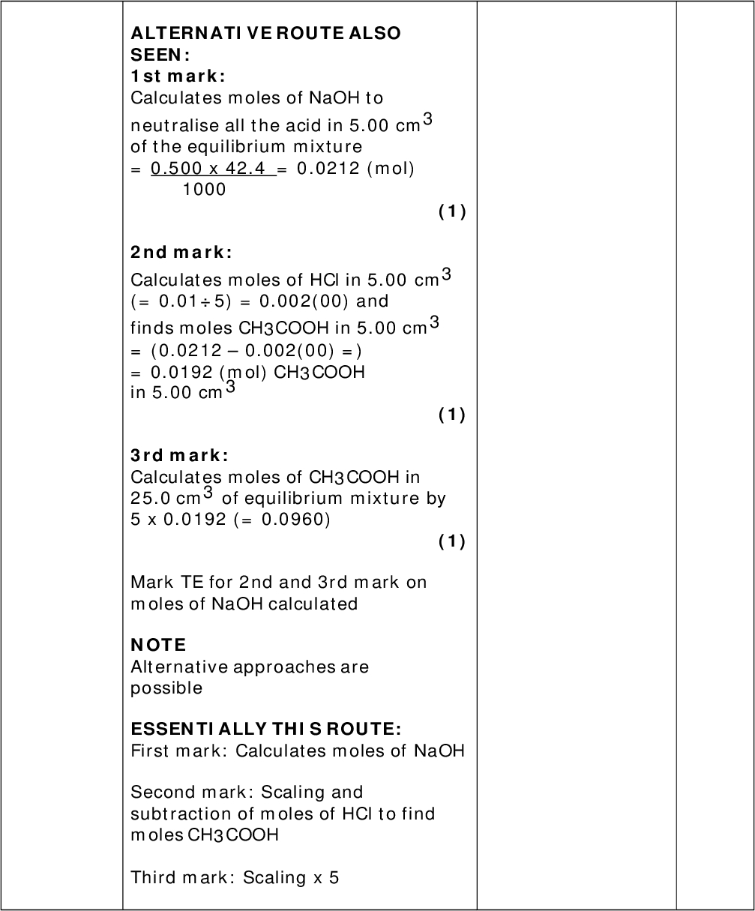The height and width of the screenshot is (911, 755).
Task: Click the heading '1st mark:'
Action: tap(178, 76)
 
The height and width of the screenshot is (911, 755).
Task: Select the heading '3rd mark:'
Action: tap(179, 455)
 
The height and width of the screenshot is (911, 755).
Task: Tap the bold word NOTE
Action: tap(158, 645)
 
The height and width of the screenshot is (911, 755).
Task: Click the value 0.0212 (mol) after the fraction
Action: tap(355, 169)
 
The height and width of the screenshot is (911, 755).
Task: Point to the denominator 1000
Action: tap(204, 189)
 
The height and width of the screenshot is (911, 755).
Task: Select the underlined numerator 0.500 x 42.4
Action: tap(212, 169)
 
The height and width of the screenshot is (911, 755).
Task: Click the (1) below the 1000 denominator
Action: tap(452, 212)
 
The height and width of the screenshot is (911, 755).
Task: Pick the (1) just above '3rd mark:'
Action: tap(452, 415)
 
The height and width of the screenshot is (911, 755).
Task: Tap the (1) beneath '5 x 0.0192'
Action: tap(452, 541)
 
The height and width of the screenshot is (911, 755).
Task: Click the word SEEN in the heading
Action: tap(156, 55)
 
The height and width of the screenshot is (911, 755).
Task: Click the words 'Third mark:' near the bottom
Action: tap(183, 877)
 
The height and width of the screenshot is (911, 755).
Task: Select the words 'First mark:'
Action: tap(180, 751)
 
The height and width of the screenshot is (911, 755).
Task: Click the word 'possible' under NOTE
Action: tap(166, 688)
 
